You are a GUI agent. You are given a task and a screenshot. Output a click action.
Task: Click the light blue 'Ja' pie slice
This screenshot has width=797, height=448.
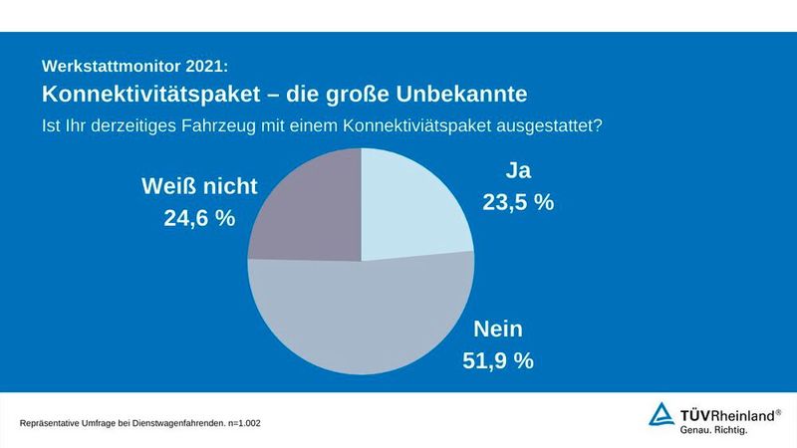tap(408, 204)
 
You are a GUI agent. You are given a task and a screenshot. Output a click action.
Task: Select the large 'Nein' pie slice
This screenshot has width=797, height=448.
tap(369, 319)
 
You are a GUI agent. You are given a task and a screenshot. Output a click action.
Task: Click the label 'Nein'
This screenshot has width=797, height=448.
tap(498, 330)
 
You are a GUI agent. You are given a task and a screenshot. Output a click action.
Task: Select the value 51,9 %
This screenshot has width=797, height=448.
tap(498, 360)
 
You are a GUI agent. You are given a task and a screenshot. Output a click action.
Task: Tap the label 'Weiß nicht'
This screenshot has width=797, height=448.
tap(199, 185)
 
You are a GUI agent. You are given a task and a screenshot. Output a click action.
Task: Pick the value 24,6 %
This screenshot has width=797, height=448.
tap(199, 217)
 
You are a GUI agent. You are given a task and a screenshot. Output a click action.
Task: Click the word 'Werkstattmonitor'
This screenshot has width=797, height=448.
tap(110, 67)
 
